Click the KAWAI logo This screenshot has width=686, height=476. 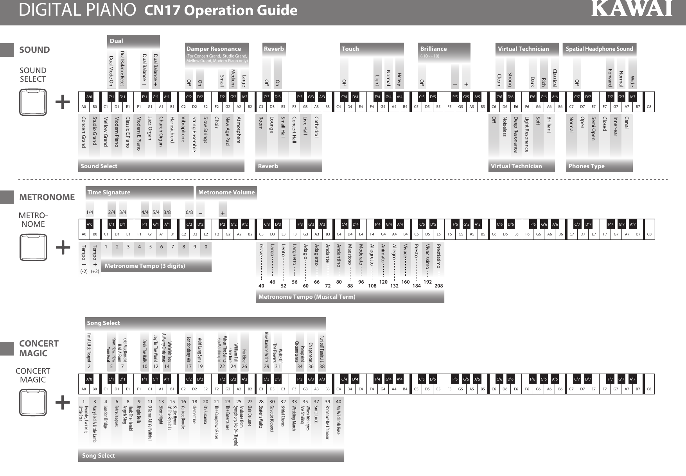tap(632, 9)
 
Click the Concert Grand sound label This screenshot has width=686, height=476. tap(83, 132)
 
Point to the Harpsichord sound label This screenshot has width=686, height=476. tap(172, 129)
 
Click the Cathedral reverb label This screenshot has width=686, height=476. tap(316, 127)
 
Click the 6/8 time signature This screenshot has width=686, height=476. tap(189, 212)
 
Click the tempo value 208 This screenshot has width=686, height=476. tap(439, 286)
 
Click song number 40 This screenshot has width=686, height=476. tap(339, 402)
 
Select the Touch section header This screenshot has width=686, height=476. tap(350, 49)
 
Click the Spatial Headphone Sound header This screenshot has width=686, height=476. tap(599, 49)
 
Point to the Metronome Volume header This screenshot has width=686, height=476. tap(226, 192)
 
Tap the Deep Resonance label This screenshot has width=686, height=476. tap(516, 135)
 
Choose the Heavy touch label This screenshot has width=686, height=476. tap(400, 79)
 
